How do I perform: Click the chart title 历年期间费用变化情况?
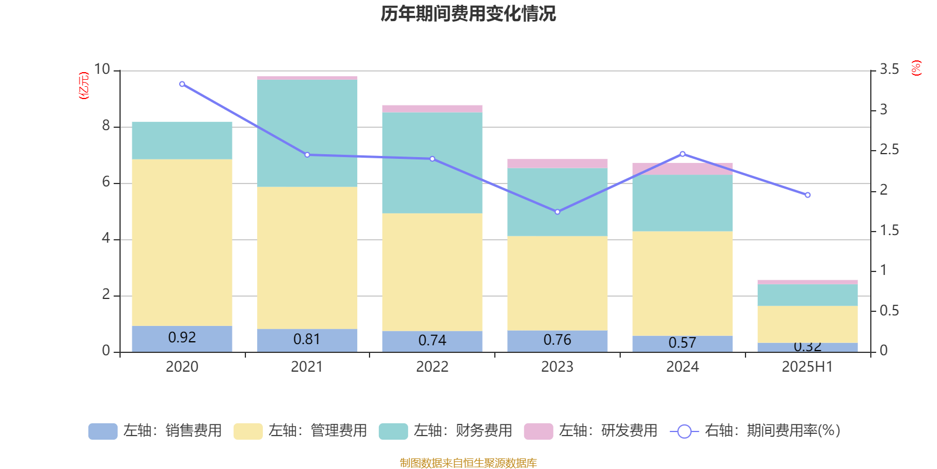pos(468,13)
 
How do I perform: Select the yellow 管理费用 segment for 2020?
pos(182,242)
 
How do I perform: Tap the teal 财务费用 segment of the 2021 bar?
pos(307,133)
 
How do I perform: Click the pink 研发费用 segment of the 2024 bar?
pos(683,169)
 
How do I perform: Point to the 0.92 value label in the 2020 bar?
pos(182,338)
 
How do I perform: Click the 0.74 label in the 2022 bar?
pos(432,341)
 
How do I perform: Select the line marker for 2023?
pos(558,212)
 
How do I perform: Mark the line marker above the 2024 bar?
pos(683,154)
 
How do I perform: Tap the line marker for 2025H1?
pos(808,195)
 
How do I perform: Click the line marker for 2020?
pos(182,84)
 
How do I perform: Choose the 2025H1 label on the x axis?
pos(808,367)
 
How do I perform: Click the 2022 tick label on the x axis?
pos(432,367)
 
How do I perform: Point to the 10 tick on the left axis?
pos(102,70)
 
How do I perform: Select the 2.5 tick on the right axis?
pos(889,150)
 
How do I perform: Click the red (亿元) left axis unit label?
pos(84,86)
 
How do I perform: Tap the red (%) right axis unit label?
pos(916,69)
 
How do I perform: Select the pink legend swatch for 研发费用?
pos(538,431)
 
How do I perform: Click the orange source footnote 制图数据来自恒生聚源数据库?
pos(468,463)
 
